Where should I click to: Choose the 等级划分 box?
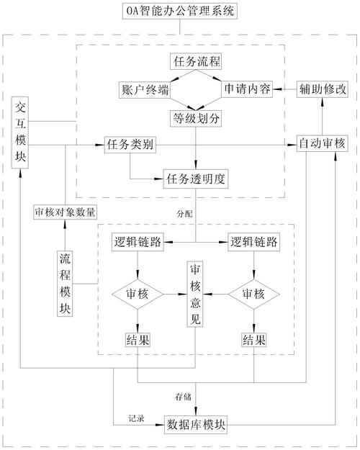click(196, 115)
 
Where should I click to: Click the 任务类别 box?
click(129, 145)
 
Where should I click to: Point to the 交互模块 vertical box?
click(20, 133)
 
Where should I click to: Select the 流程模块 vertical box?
click(66, 283)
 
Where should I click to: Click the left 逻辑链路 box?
click(138, 242)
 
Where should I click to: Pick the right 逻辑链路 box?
click(253, 242)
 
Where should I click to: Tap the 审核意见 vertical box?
click(196, 294)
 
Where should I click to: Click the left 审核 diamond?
click(138, 294)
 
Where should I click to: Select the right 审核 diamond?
click(253, 294)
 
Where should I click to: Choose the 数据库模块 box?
click(196, 423)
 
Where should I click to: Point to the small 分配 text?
click(185, 214)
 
